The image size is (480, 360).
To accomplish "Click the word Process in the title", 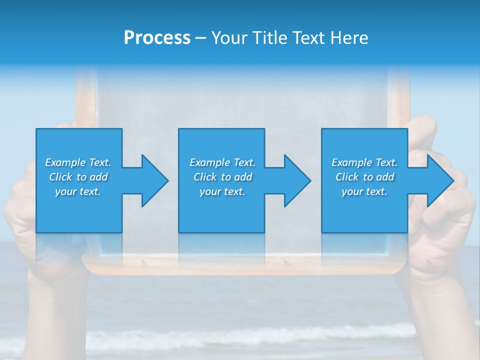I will [157, 38].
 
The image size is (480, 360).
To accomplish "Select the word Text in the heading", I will [307, 38].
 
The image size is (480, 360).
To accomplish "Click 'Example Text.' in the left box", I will [78, 162].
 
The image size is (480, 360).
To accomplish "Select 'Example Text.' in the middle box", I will [222, 162].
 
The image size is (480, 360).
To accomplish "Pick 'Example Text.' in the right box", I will [364, 162].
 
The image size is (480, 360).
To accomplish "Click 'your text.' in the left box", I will [78, 191].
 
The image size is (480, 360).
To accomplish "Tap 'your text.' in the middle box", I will [222, 191].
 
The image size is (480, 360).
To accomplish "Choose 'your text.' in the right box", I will [364, 191].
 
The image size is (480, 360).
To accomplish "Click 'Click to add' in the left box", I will [78, 177].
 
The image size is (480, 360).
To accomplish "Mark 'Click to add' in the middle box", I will [222, 177].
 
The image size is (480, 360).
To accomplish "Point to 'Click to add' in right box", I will [364, 177].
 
